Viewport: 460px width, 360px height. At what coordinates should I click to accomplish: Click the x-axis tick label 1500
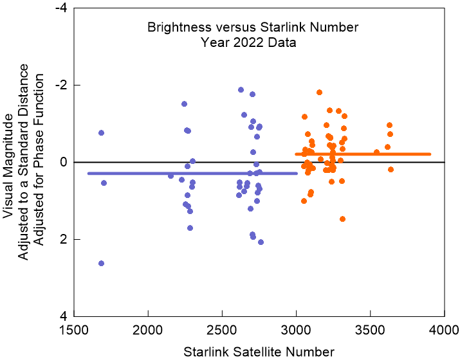click(x=74, y=328)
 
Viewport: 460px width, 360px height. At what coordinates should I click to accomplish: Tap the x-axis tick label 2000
click(x=148, y=328)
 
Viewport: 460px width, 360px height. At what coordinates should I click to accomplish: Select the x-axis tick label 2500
click(x=222, y=328)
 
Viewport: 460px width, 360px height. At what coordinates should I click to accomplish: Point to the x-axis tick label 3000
click(x=296, y=328)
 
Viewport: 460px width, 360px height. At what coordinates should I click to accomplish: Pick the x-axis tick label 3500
click(x=370, y=328)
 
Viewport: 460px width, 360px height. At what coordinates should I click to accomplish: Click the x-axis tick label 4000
click(x=443, y=328)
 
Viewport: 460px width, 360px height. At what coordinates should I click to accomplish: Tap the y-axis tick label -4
click(x=62, y=8)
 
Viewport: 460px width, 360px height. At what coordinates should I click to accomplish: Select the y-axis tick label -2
click(x=62, y=85)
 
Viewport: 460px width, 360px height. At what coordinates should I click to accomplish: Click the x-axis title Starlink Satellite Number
click(x=259, y=351)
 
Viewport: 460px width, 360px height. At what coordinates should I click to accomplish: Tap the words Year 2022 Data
click(x=248, y=43)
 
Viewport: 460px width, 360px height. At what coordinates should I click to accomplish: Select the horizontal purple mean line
click(x=193, y=174)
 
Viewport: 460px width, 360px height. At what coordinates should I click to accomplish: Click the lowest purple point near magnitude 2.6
click(x=101, y=263)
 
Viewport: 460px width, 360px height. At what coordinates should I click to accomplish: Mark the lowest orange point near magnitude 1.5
click(x=342, y=219)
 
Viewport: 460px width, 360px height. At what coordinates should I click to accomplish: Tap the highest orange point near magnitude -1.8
click(x=319, y=92)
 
